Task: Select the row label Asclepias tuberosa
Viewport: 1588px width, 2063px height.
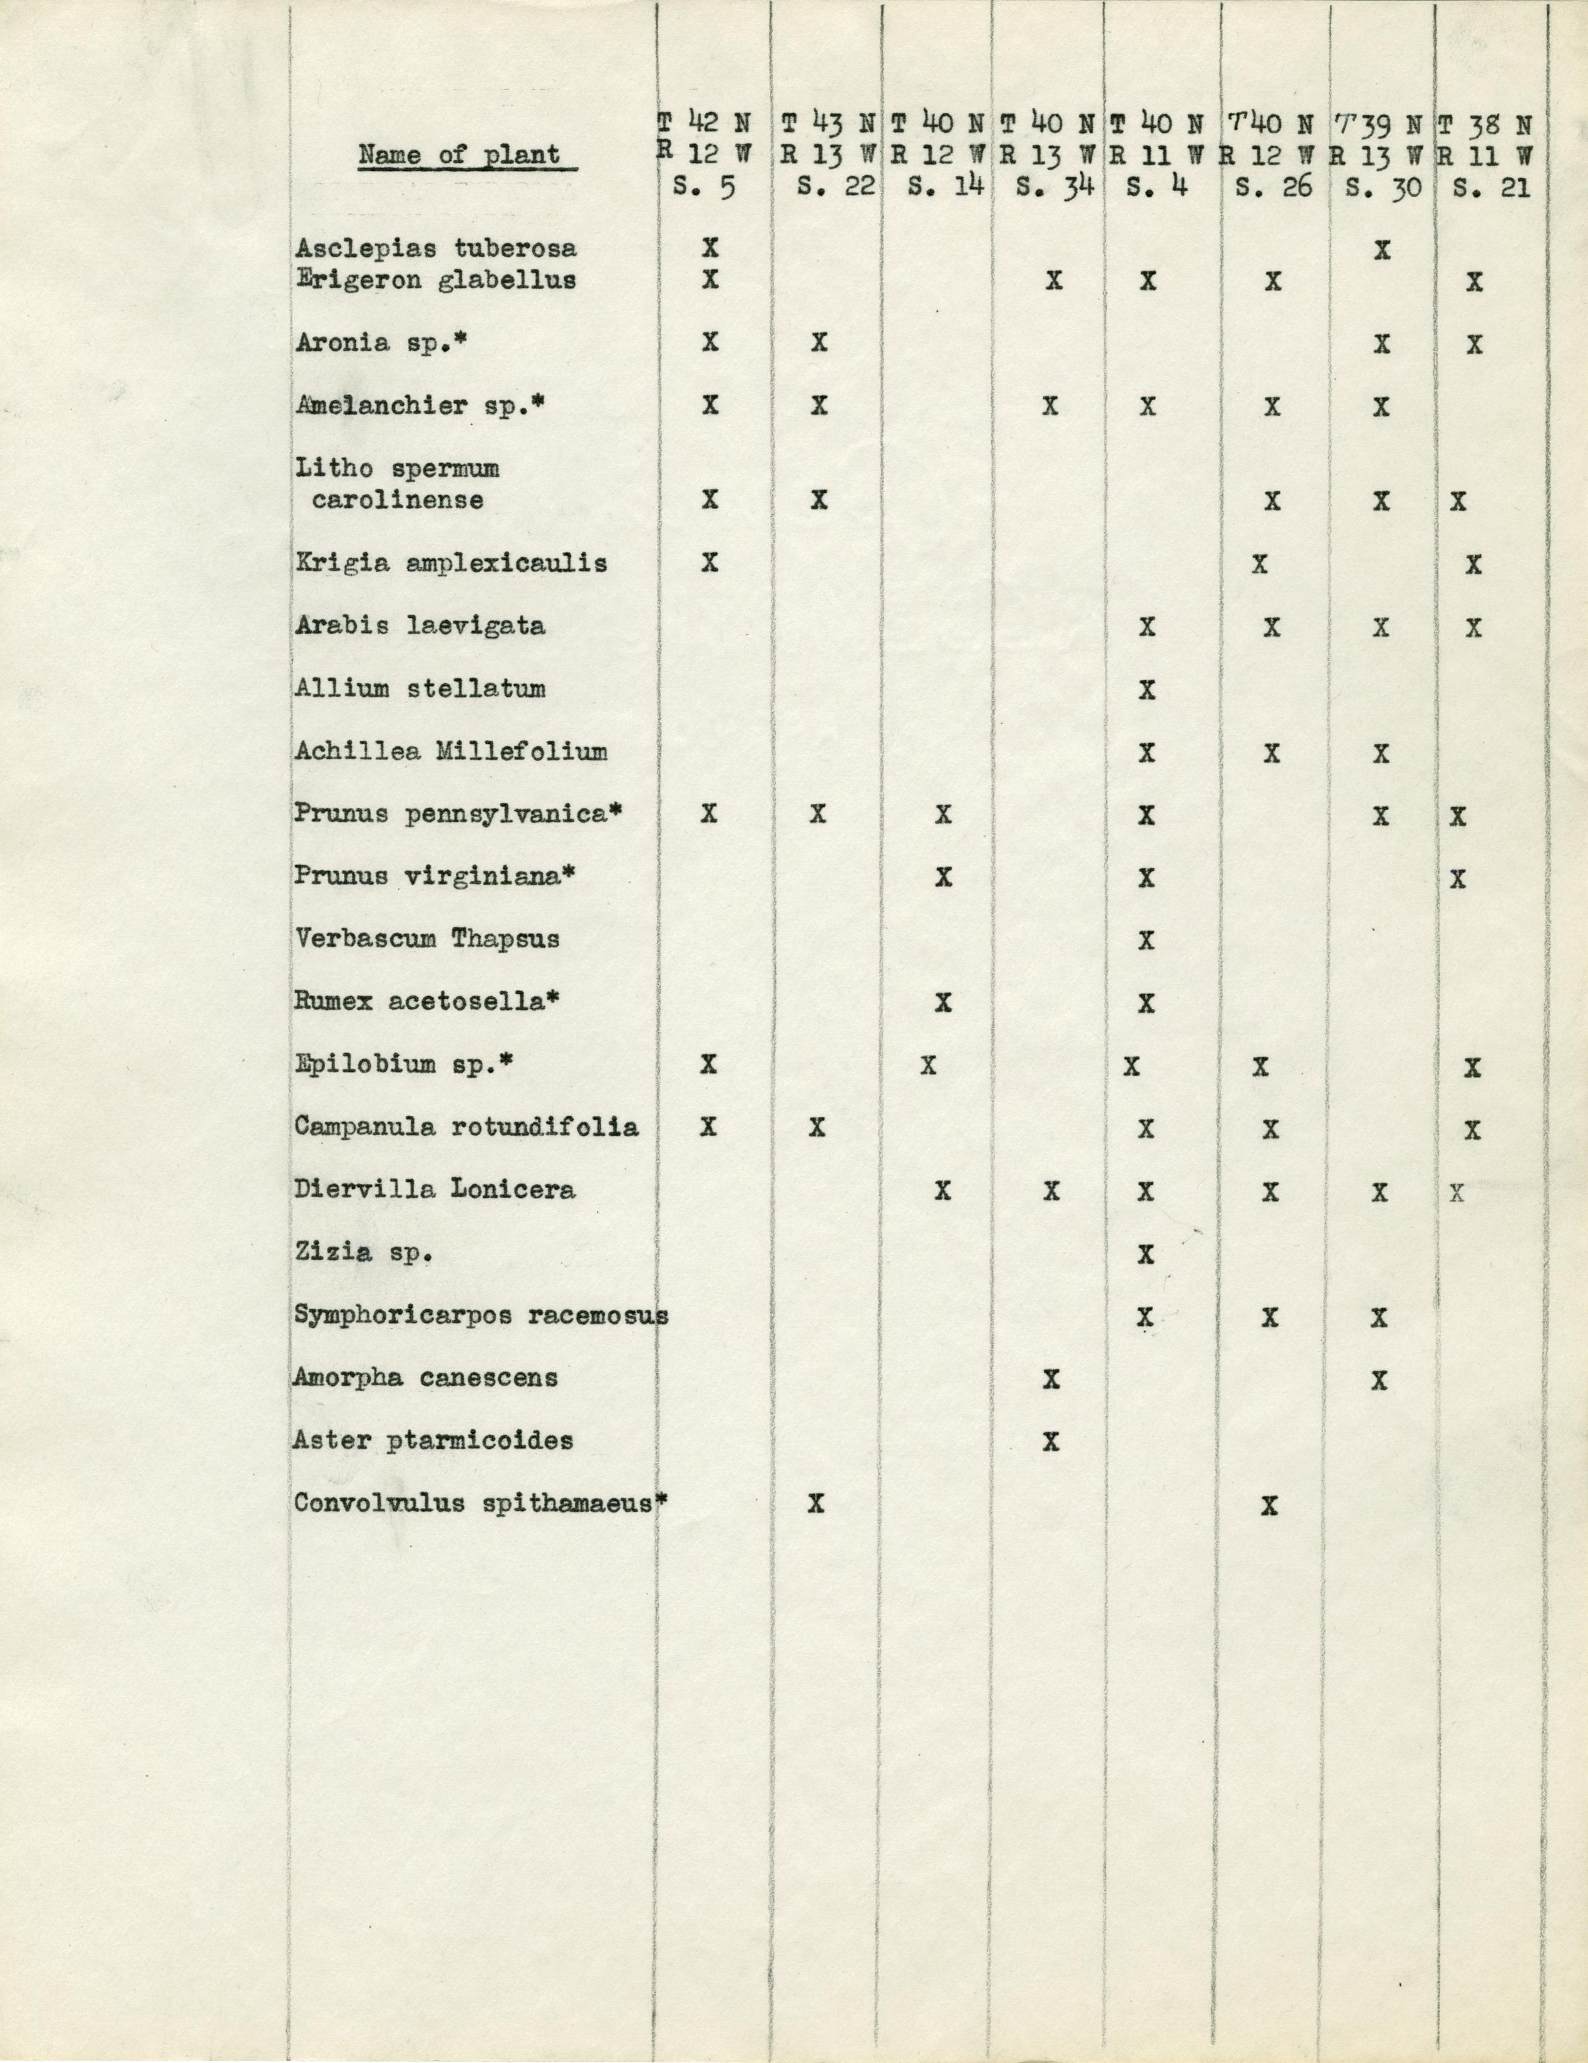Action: pos(435,249)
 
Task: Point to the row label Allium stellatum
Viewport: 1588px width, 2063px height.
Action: pos(420,689)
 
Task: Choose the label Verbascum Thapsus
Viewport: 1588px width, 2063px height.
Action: pos(426,939)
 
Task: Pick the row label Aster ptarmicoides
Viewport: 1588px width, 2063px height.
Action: pos(433,1441)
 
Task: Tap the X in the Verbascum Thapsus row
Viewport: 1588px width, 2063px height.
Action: pos(1147,940)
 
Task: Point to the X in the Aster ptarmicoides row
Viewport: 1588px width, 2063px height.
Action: pos(1051,1441)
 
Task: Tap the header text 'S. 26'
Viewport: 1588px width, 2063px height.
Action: pos(1274,187)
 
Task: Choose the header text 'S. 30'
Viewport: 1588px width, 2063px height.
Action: pos(1382,187)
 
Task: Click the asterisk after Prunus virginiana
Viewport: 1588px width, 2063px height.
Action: pos(569,875)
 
